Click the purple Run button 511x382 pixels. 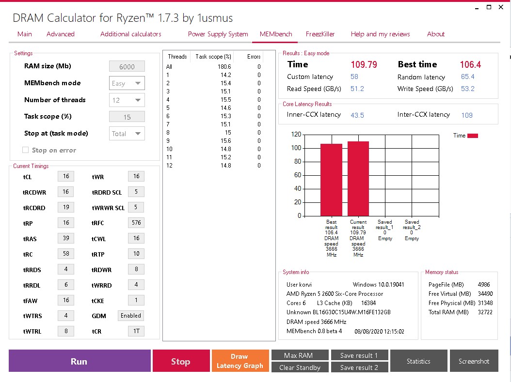click(x=80, y=361)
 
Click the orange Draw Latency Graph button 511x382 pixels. click(x=240, y=361)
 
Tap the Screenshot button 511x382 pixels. click(x=474, y=361)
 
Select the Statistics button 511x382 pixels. click(x=418, y=361)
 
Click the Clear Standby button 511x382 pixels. click(x=300, y=367)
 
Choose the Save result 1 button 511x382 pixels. click(x=359, y=355)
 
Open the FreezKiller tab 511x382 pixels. click(x=320, y=34)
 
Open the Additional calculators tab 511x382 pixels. click(x=131, y=34)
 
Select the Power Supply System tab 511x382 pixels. click(x=218, y=34)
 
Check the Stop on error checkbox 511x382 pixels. click(x=26, y=150)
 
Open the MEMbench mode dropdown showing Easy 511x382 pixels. click(x=127, y=83)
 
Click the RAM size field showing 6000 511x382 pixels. click(x=127, y=67)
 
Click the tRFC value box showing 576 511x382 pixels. click(x=136, y=223)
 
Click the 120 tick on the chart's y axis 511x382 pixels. click(x=296, y=135)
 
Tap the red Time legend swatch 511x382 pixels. click(x=473, y=136)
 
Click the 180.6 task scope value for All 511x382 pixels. click(x=224, y=67)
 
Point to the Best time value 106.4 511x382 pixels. click(x=470, y=64)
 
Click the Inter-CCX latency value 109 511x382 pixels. click(x=467, y=115)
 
